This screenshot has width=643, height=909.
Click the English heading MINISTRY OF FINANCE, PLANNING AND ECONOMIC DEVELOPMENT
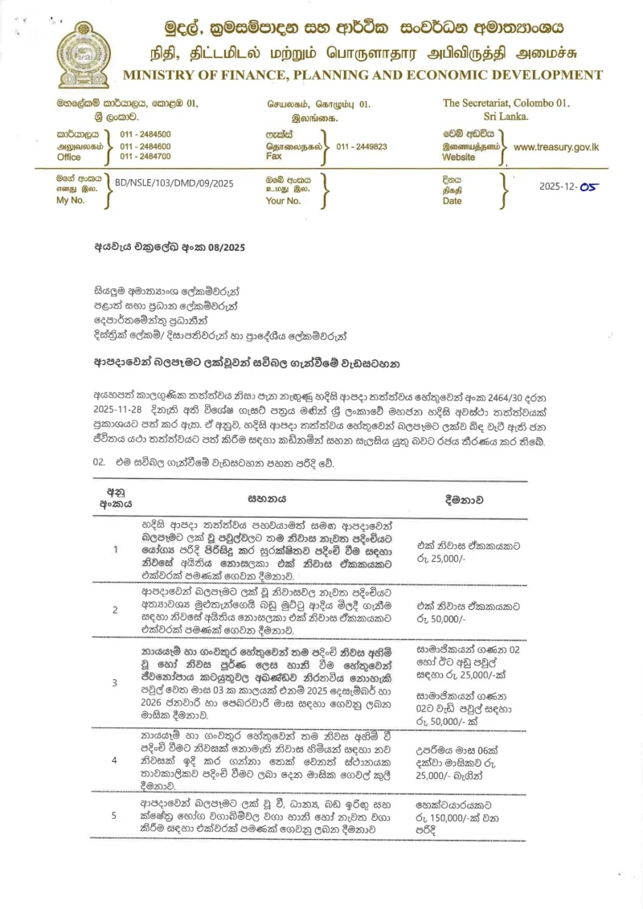pos(362,76)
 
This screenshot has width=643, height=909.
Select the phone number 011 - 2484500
pos(145,134)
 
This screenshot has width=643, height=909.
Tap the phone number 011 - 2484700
pos(145,157)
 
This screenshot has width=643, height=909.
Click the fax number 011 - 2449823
pos(362,147)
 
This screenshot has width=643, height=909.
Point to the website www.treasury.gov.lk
pos(556,147)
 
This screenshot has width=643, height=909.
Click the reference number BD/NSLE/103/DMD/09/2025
pos(174,183)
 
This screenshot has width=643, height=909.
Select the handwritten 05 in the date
pos(589,185)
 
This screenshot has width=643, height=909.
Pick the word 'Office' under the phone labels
pos(69,158)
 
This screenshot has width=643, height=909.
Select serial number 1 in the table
pos(116,550)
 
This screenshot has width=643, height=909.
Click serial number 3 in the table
pos(116,682)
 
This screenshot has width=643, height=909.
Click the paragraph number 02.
pos(100,463)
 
